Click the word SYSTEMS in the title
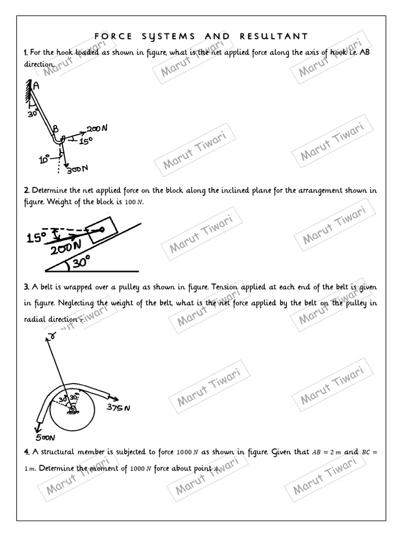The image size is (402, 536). (x=170, y=36)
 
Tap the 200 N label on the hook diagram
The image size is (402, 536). (x=97, y=129)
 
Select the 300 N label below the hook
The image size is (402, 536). (x=76, y=169)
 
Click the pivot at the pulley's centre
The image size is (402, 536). (x=72, y=409)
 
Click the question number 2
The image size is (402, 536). (x=26, y=191)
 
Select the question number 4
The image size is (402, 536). (x=26, y=452)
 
